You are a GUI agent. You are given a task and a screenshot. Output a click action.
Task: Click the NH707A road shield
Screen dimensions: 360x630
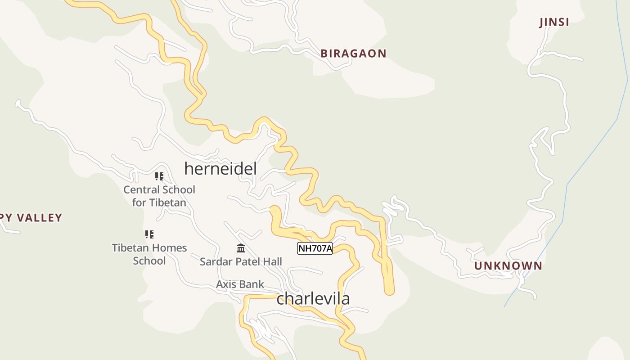(x=315, y=248)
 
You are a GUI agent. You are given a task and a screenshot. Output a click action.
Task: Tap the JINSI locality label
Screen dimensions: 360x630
(x=554, y=22)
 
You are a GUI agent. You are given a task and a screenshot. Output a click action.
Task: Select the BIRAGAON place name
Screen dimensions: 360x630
(x=353, y=54)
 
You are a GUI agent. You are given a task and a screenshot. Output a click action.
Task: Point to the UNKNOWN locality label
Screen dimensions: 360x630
(x=508, y=266)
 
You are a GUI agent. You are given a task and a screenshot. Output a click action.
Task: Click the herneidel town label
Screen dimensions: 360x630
(x=220, y=169)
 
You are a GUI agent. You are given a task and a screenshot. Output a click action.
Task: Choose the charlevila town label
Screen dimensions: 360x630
(x=313, y=298)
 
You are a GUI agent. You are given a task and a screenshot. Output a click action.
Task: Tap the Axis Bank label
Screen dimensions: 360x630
(x=240, y=284)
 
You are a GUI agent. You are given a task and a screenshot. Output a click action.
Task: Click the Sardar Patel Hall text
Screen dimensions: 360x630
(x=241, y=261)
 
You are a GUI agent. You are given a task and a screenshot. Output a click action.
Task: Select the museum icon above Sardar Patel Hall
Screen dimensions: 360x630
(x=241, y=248)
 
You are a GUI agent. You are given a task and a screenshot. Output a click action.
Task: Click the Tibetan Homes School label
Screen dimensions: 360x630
(x=149, y=254)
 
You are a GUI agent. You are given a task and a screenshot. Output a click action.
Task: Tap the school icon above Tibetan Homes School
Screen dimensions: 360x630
(x=149, y=234)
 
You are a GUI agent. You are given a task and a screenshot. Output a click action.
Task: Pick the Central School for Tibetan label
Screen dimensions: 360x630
(x=159, y=196)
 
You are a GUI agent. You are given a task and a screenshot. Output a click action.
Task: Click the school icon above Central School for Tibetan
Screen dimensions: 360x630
(x=159, y=176)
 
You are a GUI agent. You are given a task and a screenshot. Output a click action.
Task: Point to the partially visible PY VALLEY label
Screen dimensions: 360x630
(x=31, y=218)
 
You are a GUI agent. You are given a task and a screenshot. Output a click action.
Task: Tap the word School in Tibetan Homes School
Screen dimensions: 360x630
(x=149, y=261)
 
